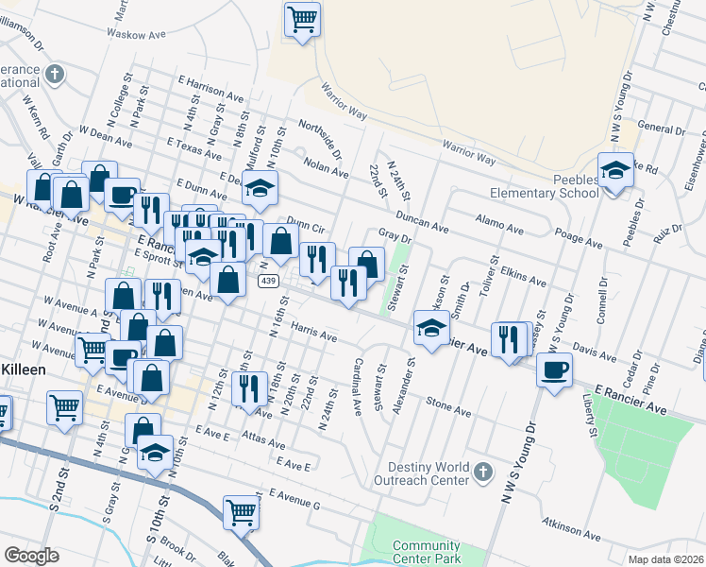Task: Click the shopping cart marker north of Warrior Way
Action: pos(302,19)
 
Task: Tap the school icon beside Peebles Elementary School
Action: pos(615,172)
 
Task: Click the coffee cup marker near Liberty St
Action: pos(554,369)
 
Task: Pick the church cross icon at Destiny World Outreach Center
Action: pos(482,470)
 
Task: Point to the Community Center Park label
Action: pos(426,553)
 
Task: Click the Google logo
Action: pos(31,556)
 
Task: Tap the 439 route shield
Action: pos(269,282)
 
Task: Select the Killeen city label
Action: pos(23,369)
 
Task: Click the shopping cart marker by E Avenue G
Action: pos(242,513)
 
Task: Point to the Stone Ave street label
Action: pos(447,406)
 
